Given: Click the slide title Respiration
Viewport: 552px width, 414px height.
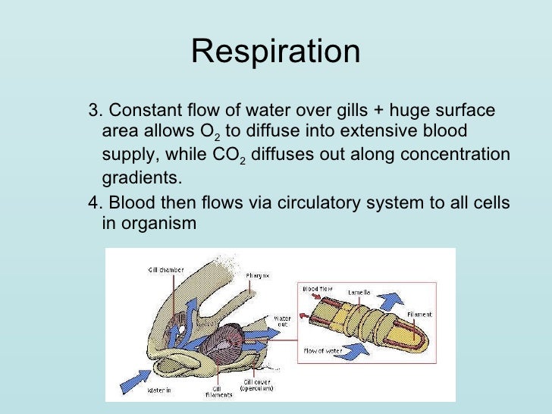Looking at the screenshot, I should click(275, 52).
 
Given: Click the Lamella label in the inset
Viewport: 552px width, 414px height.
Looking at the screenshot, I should click(359, 291).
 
